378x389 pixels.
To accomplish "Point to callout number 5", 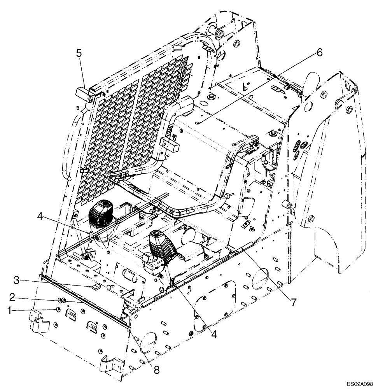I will tap(79, 53).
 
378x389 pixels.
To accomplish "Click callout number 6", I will tap(319, 53).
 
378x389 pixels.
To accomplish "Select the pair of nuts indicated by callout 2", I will tap(62, 300).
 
